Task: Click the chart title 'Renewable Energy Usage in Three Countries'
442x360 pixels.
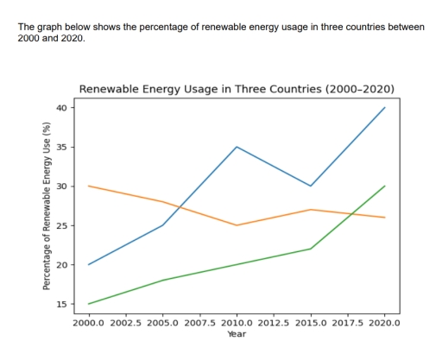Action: (x=237, y=89)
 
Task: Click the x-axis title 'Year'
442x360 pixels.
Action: (x=237, y=333)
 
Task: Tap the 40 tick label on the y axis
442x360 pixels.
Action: (x=61, y=108)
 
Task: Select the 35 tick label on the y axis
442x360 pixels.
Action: (x=61, y=147)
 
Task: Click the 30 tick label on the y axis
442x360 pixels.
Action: (x=61, y=186)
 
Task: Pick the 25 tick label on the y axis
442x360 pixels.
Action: (x=61, y=225)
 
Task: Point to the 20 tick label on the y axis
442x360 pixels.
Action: (x=61, y=265)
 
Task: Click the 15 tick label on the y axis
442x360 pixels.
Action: (x=61, y=304)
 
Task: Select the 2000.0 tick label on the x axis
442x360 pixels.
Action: (x=89, y=322)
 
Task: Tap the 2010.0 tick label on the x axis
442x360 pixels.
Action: (x=237, y=322)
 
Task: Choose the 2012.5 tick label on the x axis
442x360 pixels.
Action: (x=274, y=322)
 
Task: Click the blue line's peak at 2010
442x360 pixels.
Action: (x=237, y=147)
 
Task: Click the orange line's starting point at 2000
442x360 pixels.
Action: (x=89, y=186)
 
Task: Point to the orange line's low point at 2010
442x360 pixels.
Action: (x=237, y=225)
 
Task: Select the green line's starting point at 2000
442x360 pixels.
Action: (x=89, y=304)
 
